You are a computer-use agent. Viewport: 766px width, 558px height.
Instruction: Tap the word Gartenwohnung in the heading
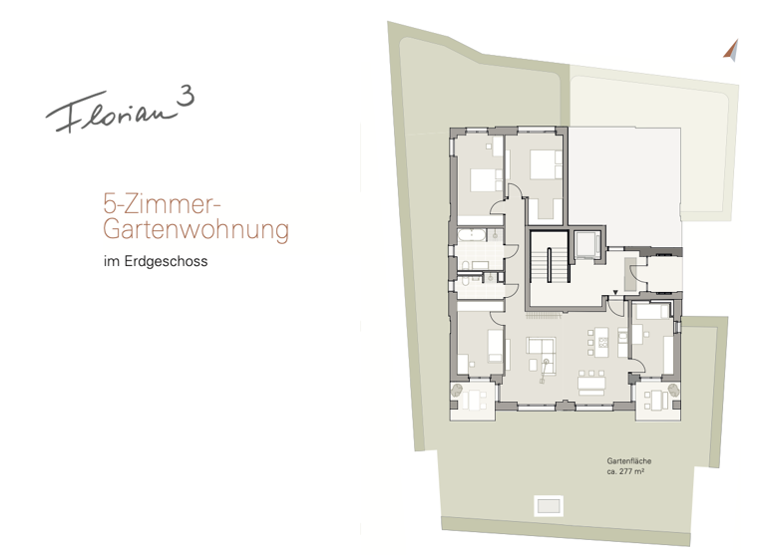click(195, 230)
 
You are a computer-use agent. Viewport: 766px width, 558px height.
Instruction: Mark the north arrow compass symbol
click(731, 48)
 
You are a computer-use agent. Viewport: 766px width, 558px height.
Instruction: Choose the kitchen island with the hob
click(600, 342)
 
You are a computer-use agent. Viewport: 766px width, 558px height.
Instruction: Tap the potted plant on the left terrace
click(457, 390)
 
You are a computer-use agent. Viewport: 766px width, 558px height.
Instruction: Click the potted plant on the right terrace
click(677, 390)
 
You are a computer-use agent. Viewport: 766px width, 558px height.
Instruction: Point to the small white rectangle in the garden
click(549, 505)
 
